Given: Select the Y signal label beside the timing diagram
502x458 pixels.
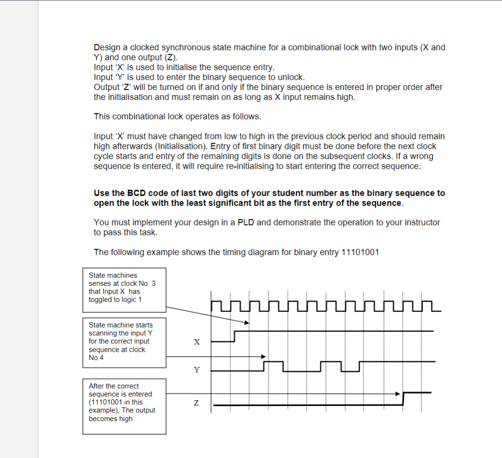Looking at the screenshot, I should (x=197, y=370).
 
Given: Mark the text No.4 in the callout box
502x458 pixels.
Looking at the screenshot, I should (x=97, y=358).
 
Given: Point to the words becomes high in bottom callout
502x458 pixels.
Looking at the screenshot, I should (x=111, y=419).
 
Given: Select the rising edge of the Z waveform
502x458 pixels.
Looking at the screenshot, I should (x=404, y=398).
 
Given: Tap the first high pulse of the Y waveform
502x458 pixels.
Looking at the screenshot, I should (x=273, y=362).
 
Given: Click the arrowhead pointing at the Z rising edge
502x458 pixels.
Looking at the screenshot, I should (x=398, y=393).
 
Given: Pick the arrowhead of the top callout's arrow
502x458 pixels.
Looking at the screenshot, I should (x=247, y=323).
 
